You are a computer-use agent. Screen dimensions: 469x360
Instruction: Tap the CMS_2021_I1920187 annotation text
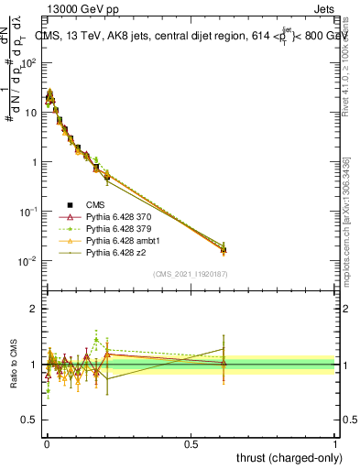click(x=191, y=274)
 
